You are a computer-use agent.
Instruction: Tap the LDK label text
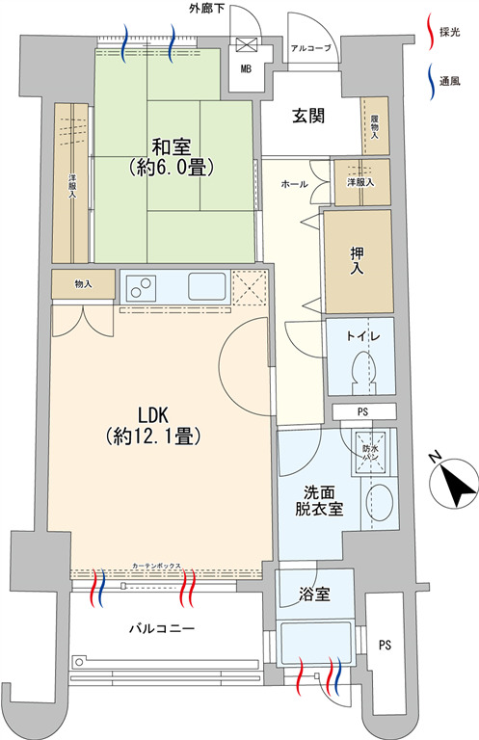pos(153,414)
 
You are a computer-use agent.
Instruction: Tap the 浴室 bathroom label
pos(315,594)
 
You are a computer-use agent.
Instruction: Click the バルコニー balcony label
pos(162,628)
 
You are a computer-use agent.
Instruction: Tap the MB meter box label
pos(245,68)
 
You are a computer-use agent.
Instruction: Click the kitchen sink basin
pos(206,286)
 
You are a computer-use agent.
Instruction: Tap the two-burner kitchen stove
pos(143,287)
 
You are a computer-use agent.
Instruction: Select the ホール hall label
pos(293,183)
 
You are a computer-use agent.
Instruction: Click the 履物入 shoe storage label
pos(374,126)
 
